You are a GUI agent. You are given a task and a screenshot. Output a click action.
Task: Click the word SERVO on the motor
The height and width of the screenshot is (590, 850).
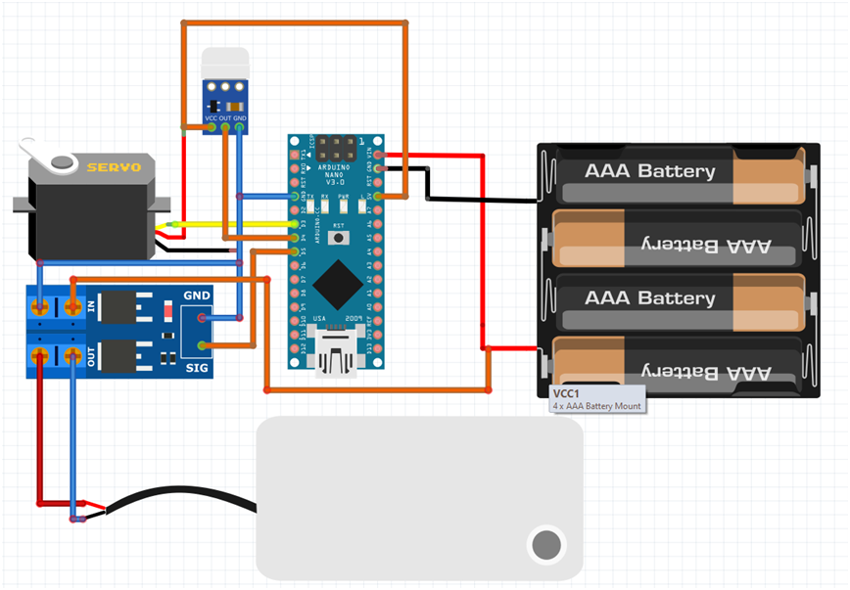[x=114, y=167]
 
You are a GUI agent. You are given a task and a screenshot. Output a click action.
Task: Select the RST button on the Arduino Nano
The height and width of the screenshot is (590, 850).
[x=339, y=237]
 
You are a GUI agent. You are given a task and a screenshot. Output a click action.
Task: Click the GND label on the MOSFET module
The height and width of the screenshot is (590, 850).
[x=196, y=295]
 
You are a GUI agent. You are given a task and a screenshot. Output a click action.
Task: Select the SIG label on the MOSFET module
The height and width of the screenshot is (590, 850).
[x=197, y=366]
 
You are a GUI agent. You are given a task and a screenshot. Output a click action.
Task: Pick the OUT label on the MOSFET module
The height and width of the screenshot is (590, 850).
[x=92, y=357]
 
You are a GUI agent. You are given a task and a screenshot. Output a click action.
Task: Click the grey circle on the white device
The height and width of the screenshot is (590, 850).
[x=545, y=543]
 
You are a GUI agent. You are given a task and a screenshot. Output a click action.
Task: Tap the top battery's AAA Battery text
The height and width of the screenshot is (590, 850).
[x=649, y=171]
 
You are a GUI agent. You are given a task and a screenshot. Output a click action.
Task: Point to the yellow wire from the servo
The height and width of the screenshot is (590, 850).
[x=235, y=224]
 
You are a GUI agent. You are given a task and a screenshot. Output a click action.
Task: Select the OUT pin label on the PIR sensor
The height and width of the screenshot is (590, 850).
[x=225, y=118]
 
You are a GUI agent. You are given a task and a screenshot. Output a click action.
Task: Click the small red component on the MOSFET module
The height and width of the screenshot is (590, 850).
[x=168, y=313]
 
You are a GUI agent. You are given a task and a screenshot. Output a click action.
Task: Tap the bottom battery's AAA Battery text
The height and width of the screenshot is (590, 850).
[x=705, y=373]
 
